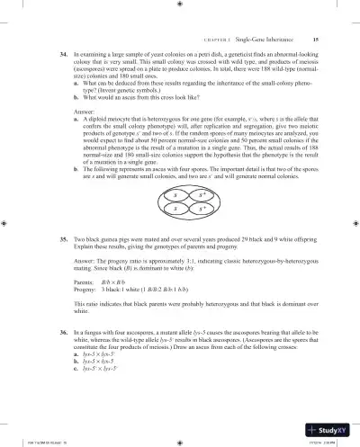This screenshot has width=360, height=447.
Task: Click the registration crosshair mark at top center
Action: click(x=181, y=4)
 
